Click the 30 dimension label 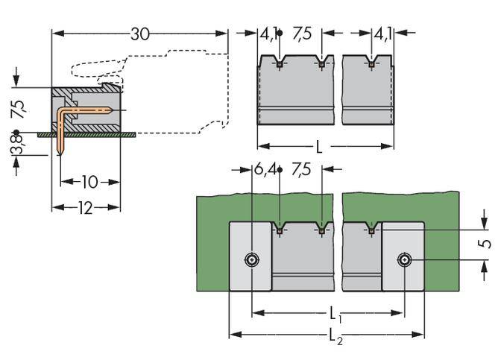tap(139, 34)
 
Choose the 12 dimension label tap(84, 208)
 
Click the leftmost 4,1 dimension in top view tap(269, 34)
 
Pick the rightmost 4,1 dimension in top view tap(382, 34)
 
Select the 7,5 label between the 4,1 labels tap(301, 34)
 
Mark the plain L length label tap(319, 147)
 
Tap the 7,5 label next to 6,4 tap(301, 170)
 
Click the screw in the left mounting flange tap(252, 260)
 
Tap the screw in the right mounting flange tap(404, 260)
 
